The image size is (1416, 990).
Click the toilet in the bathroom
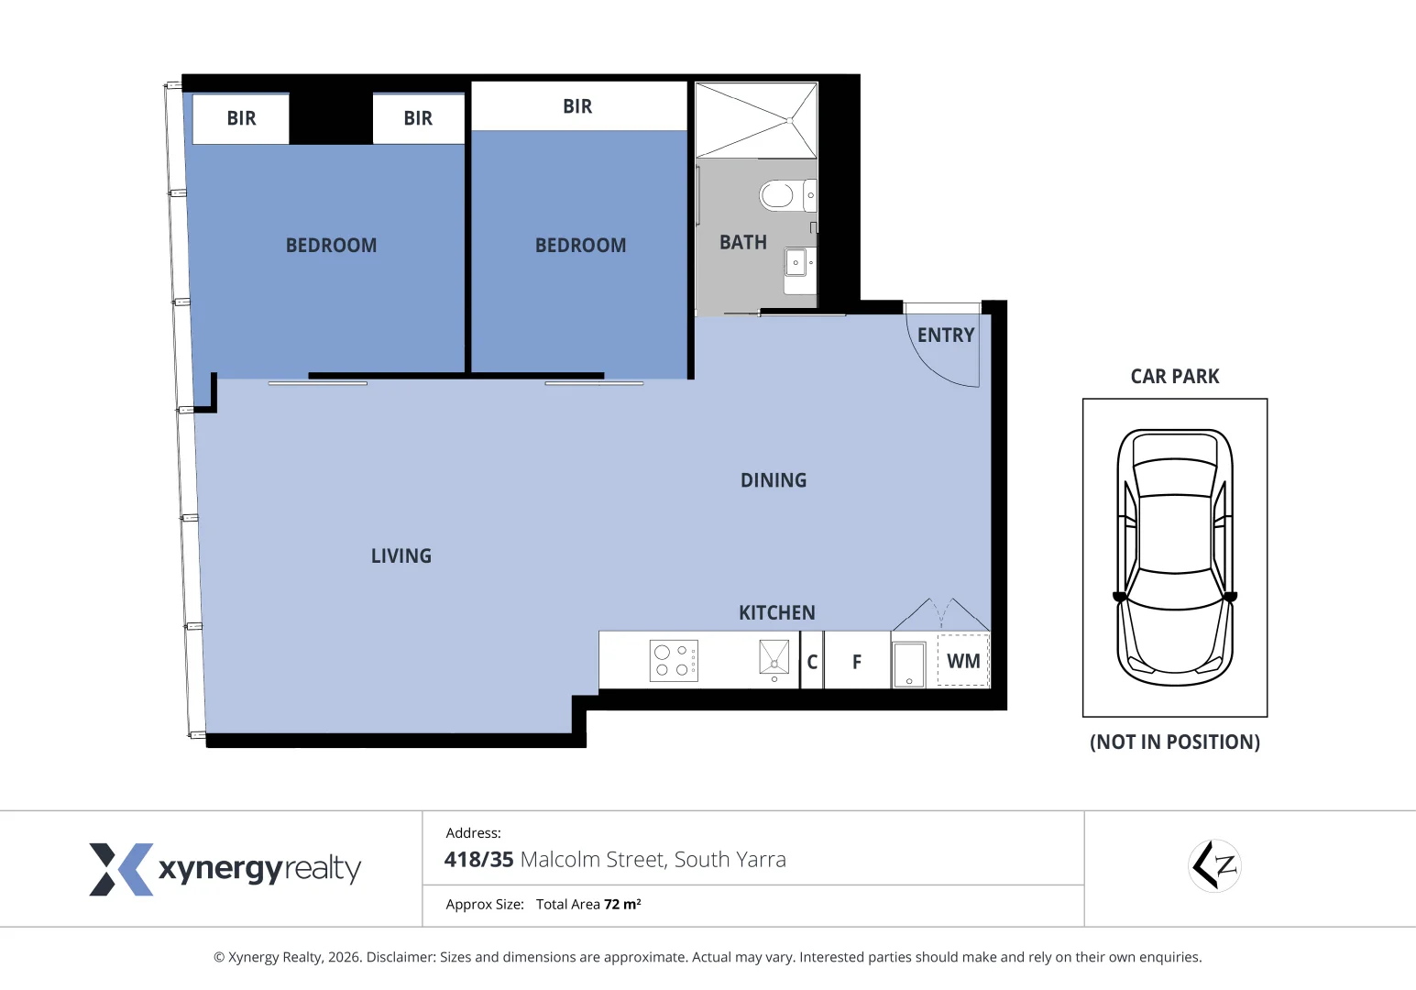pos(787,195)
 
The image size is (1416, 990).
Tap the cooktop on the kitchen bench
pos(674,661)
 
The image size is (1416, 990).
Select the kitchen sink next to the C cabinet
pos(774,657)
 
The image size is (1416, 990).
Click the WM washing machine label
pos(963,661)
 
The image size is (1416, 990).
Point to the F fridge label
pos(857,662)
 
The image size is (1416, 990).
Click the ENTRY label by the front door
pos(946,335)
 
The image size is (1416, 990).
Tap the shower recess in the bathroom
pos(756,120)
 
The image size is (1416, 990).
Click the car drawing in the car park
pos(1175,557)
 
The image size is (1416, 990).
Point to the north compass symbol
pos(1214,865)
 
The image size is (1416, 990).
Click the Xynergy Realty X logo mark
pos(121,869)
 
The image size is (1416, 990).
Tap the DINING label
pos(774,480)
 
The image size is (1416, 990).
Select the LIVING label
pos(401,556)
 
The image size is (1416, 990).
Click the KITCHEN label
pos(777,612)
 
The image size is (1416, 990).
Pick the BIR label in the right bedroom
pos(577,106)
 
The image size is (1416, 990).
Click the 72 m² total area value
pos(622,904)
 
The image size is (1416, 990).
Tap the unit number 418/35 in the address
pos(478,860)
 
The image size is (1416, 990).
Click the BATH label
pos(742,242)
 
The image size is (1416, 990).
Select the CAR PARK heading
pos(1175,376)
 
